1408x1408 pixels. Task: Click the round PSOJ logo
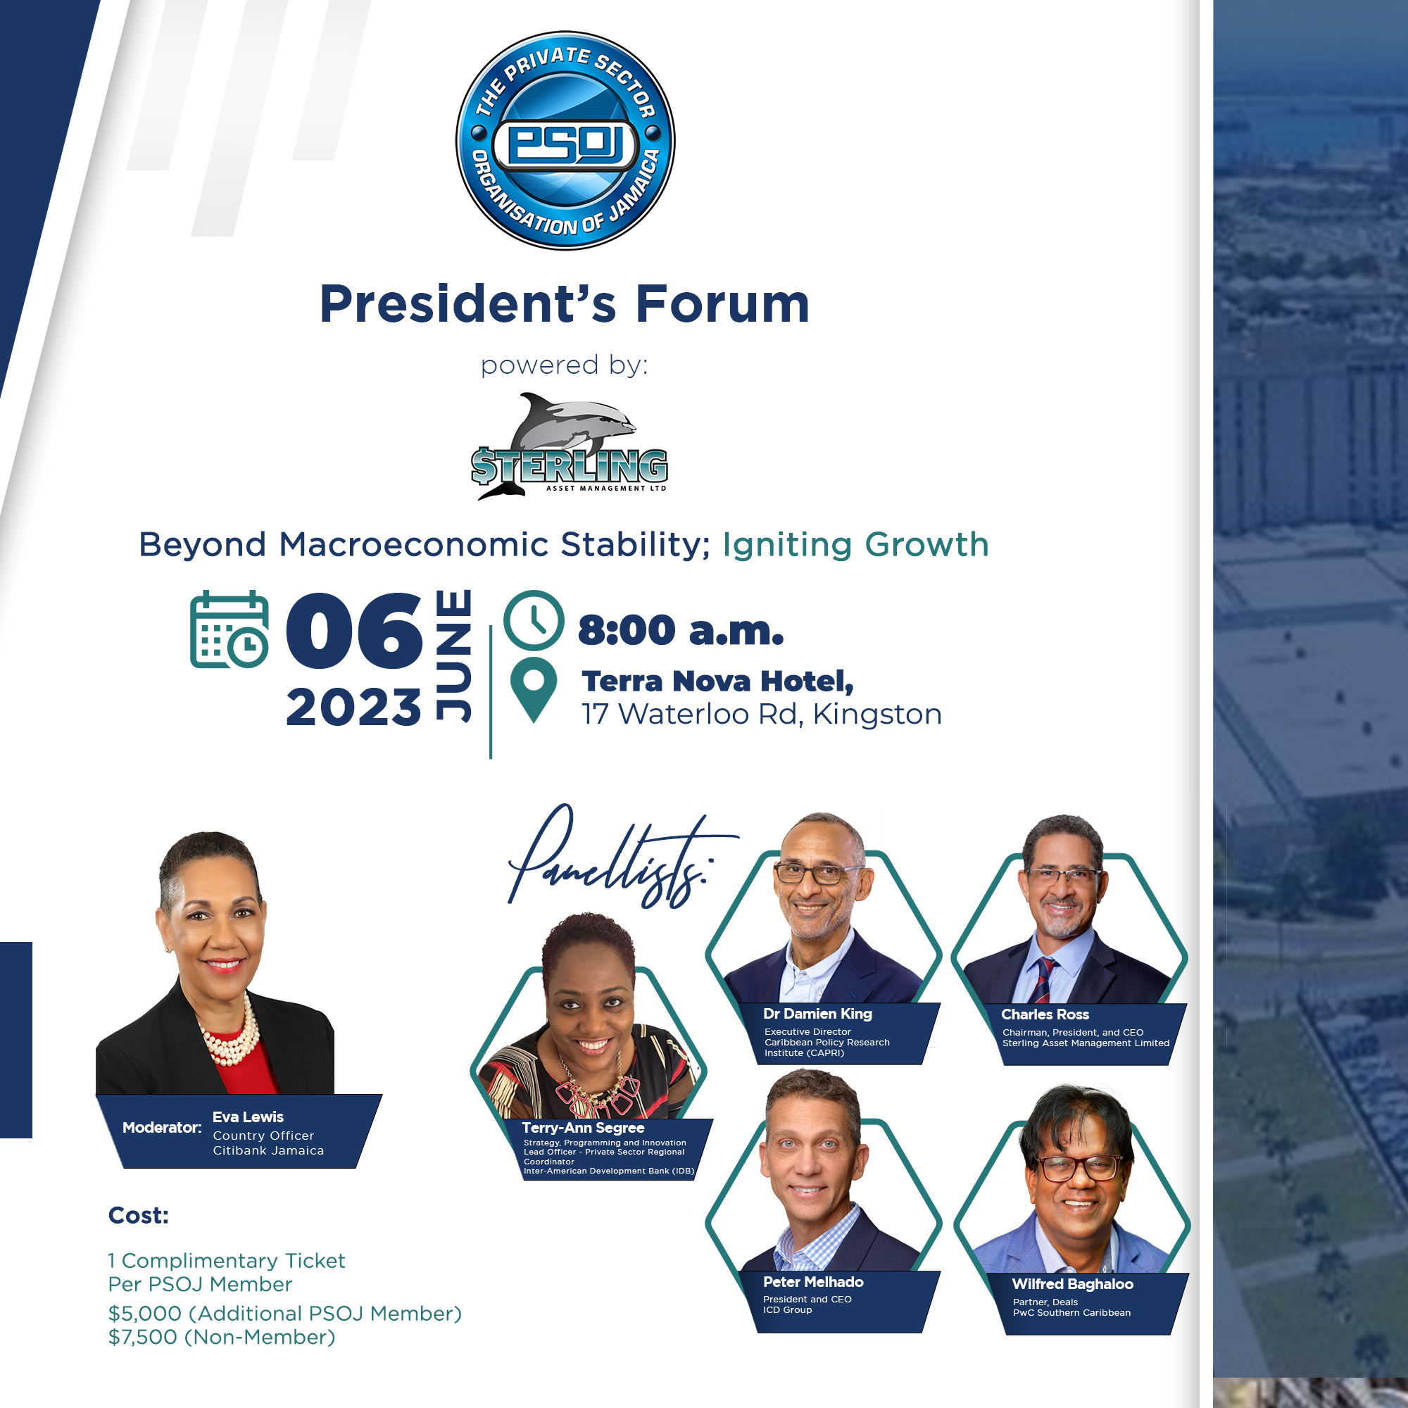pyautogui.click(x=565, y=141)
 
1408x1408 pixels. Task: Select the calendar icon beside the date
pyautogui.click(x=229, y=629)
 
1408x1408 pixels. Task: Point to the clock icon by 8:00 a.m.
pyautogui.click(x=534, y=620)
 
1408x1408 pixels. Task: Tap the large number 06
pyautogui.click(x=354, y=630)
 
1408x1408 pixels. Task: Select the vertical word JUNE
pyautogui.click(x=453, y=656)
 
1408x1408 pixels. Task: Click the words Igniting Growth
pyautogui.click(x=855, y=545)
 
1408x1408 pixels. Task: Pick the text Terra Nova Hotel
pyautogui.click(x=717, y=681)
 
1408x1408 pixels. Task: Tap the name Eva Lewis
pyautogui.click(x=248, y=1117)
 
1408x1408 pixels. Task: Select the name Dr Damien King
pyautogui.click(x=817, y=1014)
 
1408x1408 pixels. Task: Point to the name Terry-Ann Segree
pyautogui.click(x=583, y=1128)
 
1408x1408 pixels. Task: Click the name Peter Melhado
pyautogui.click(x=813, y=1282)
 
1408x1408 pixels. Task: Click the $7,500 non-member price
pyautogui.click(x=222, y=1338)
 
